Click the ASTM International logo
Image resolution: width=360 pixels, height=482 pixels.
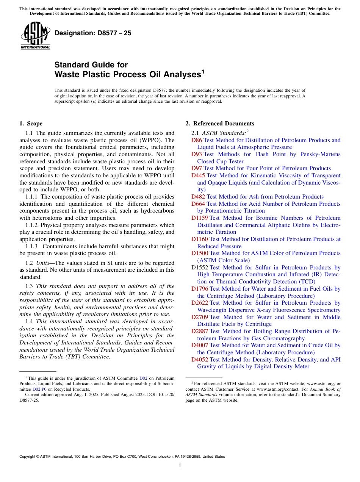[35, 35]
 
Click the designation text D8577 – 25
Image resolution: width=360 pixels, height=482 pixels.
[93, 33]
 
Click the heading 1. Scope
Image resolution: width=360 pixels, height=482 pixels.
[31, 124]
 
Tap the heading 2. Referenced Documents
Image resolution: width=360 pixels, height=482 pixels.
[220, 124]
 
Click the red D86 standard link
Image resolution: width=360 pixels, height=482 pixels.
[197, 140]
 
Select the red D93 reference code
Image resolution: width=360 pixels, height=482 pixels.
[197, 154]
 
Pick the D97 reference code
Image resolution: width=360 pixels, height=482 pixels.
[197, 168]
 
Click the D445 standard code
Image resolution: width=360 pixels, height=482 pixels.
[198, 175]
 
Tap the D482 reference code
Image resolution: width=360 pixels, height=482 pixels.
[198, 197]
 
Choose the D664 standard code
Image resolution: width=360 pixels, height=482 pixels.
[198, 204]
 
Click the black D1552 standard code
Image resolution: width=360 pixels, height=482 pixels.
[200, 268]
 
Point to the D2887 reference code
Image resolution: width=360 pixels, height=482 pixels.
[200, 331]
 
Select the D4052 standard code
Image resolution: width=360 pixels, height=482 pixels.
[200, 359]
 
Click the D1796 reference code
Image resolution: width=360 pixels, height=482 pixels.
[200, 289]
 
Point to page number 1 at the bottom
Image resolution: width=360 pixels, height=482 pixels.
[180, 466]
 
